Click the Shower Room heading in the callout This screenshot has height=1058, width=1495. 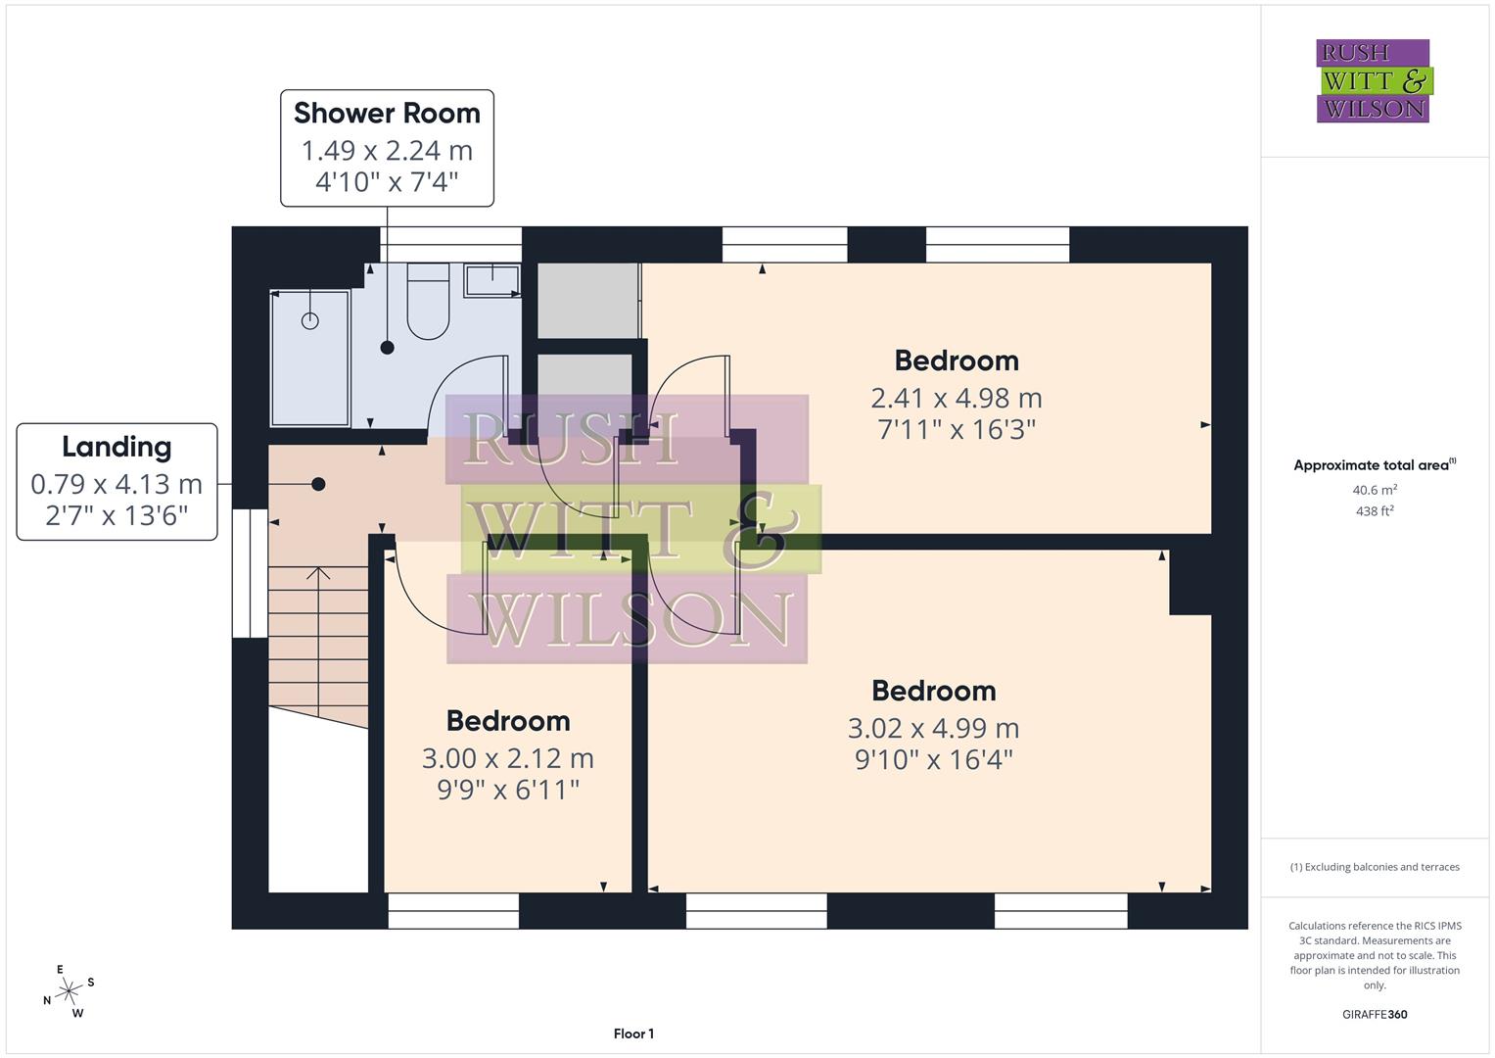tap(387, 114)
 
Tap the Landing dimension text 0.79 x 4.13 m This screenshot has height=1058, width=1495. tap(117, 484)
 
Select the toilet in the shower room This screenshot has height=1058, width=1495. tap(428, 304)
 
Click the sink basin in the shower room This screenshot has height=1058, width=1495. tap(492, 280)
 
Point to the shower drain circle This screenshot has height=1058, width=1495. tap(310, 320)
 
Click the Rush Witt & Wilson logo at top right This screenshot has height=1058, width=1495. tap(1373, 81)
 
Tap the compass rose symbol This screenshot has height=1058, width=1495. tap(69, 991)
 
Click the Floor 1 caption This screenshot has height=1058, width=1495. tap(633, 1034)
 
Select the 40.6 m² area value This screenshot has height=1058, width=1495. tap(1375, 490)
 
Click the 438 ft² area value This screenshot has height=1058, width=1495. tap(1375, 511)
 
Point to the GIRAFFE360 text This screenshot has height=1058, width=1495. tap(1375, 1014)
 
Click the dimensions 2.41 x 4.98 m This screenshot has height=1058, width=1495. tap(956, 399)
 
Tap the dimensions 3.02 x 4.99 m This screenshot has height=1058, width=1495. tap(933, 729)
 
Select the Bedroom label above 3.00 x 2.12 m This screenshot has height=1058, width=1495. tap(507, 721)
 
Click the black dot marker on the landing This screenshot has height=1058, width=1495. tap(318, 484)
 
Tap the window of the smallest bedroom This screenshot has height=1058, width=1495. tap(453, 911)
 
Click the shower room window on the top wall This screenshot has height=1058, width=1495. tap(450, 245)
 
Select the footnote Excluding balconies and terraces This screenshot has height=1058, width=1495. tap(1375, 867)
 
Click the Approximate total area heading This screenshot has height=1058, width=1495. tap(1373, 465)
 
